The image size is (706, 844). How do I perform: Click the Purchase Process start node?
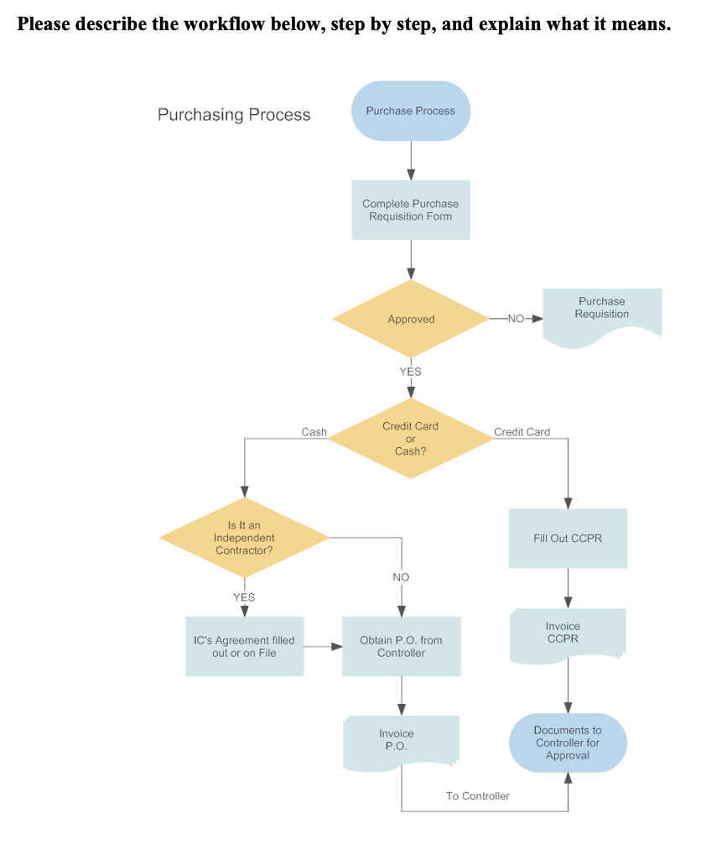click(x=410, y=111)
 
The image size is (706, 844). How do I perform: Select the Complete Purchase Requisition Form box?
click(x=410, y=210)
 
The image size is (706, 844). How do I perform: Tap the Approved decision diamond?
click(x=411, y=319)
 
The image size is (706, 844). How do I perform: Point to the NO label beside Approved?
click(x=516, y=319)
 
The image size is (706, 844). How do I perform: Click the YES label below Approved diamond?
click(x=410, y=372)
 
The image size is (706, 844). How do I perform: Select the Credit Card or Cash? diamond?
click(x=410, y=438)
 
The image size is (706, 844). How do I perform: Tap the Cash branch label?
click(x=314, y=432)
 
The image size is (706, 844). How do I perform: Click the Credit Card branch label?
click(x=522, y=432)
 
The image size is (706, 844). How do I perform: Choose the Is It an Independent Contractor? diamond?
click(x=244, y=538)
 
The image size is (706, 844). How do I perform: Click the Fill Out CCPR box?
click(x=568, y=539)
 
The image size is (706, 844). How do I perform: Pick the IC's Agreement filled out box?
click(x=244, y=647)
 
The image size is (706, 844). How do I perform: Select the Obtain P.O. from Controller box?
click(x=401, y=647)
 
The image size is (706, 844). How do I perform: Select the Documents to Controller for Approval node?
click(x=568, y=742)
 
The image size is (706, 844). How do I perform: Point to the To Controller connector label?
click(x=477, y=795)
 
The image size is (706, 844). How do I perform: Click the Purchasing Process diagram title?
click(x=234, y=115)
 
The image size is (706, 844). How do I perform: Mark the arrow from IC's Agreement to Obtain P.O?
click(x=323, y=647)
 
